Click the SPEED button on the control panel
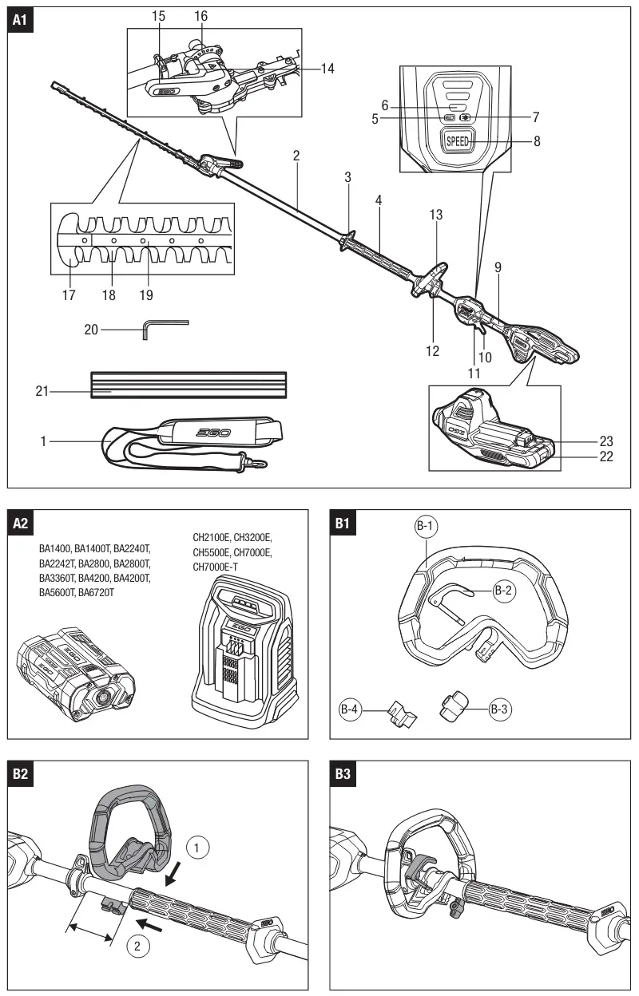point(458,141)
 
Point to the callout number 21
point(42,390)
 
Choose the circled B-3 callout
point(498,708)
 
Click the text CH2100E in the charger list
point(210,537)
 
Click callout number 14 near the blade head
point(327,69)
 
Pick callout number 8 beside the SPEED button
point(537,141)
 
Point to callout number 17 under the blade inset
point(69,295)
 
